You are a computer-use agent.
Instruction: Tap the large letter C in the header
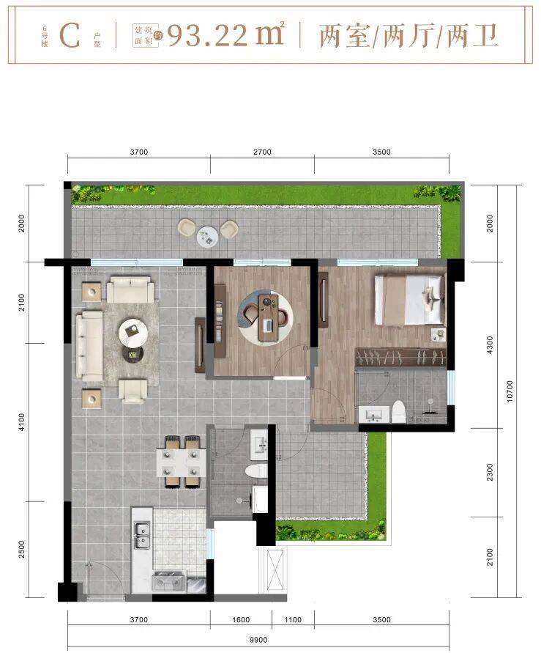tap(70, 36)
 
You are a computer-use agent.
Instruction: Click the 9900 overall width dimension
tap(258, 639)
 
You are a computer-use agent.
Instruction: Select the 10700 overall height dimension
tap(510, 391)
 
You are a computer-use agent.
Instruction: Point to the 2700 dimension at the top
tap(262, 152)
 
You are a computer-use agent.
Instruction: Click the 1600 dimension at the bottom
tap(241, 620)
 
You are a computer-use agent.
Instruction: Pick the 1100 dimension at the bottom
tap(293, 620)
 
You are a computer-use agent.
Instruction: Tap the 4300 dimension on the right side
tap(490, 345)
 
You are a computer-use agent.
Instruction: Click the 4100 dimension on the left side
tap(22, 422)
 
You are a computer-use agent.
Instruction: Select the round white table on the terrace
tap(207, 237)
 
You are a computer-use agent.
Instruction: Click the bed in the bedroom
tap(410, 300)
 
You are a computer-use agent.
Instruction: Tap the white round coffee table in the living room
tap(133, 332)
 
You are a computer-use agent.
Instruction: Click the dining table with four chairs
tap(182, 462)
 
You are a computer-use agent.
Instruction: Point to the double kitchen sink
tap(142, 534)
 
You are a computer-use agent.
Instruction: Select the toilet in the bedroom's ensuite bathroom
tap(399, 410)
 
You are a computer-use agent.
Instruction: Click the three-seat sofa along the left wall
tap(89, 345)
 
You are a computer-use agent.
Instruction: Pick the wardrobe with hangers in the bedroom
tap(400, 358)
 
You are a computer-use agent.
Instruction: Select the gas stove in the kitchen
tap(169, 580)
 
